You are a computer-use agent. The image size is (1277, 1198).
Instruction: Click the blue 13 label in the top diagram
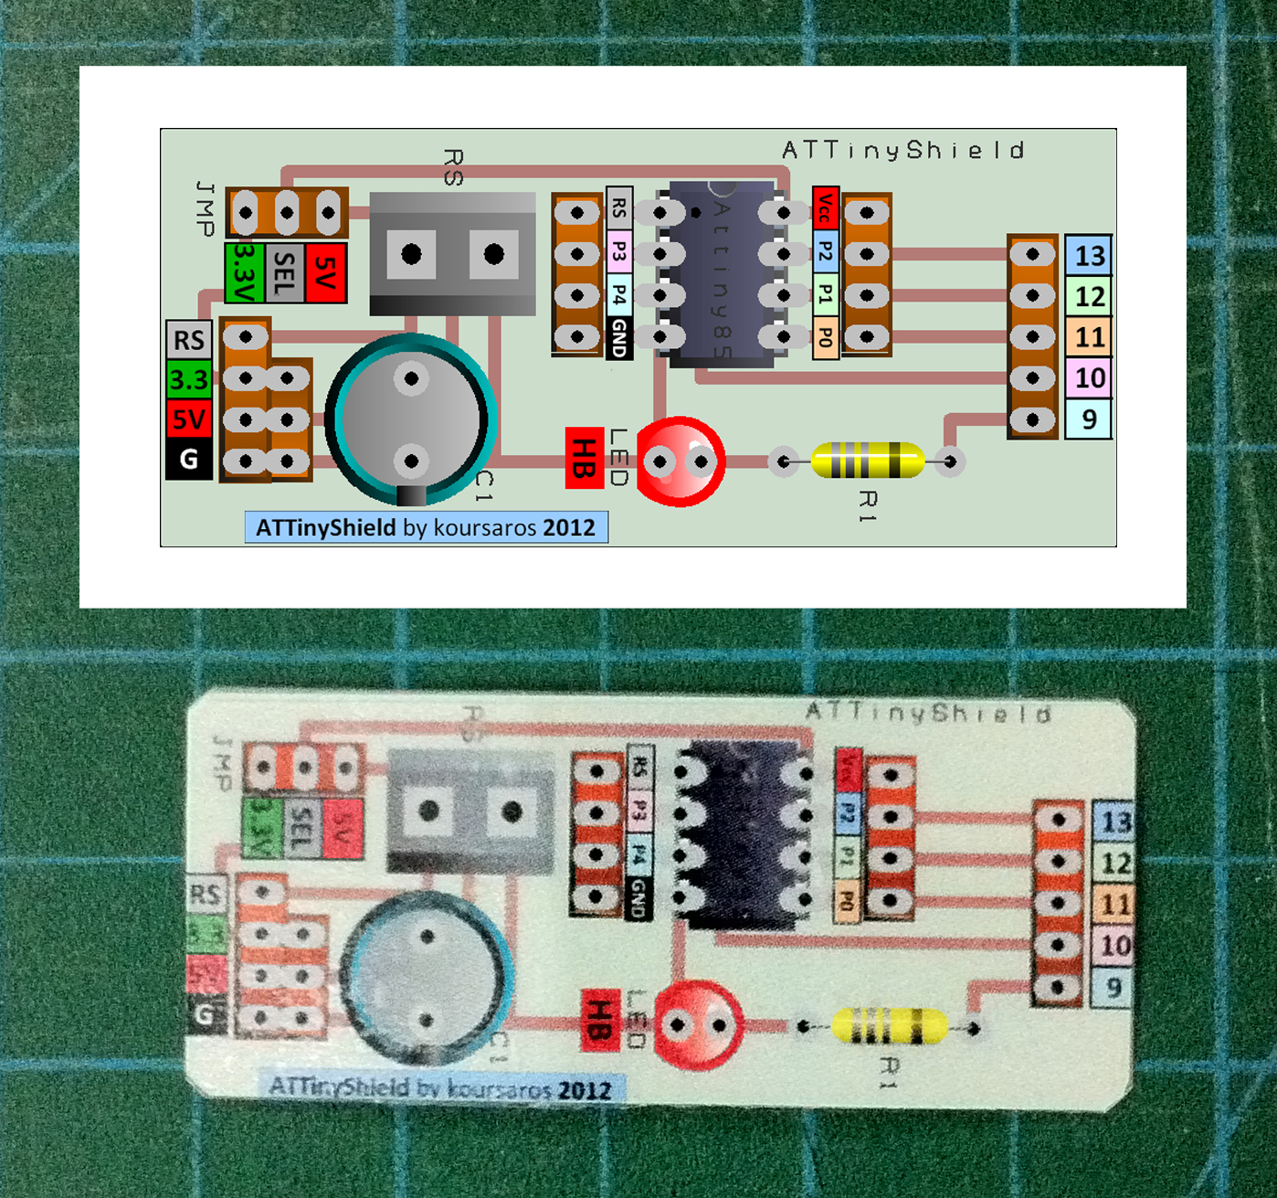click(1089, 255)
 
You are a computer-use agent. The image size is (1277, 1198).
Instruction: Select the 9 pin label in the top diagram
click(1089, 419)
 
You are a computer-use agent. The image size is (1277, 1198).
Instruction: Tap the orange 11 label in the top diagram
click(1089, 337)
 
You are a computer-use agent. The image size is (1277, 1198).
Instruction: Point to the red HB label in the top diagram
click(584, 458)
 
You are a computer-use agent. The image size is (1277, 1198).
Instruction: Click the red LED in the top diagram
click(681, 461)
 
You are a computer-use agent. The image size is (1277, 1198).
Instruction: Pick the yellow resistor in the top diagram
click(867, 460)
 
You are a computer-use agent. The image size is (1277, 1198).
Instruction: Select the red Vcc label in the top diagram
click(825, 207)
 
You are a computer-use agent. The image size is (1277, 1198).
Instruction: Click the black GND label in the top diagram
click(619, 338)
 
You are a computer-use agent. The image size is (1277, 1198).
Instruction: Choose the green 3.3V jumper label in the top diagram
click(244, 272)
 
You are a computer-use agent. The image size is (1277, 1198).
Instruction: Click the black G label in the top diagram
click(189, 459)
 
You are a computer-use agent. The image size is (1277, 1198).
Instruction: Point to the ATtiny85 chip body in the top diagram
click(722, 274)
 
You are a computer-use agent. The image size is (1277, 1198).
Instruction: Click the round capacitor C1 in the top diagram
click(411, 419)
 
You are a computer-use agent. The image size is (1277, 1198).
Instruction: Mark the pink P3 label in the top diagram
click(619, 251)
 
